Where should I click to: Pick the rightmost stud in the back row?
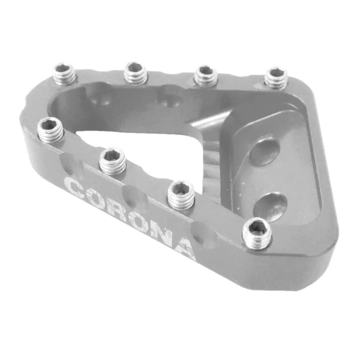tap(276, 77)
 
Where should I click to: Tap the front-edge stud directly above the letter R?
tap(113, 160)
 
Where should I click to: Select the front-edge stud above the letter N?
tap(181, 193)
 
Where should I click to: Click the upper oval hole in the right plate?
tap(264, 151)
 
